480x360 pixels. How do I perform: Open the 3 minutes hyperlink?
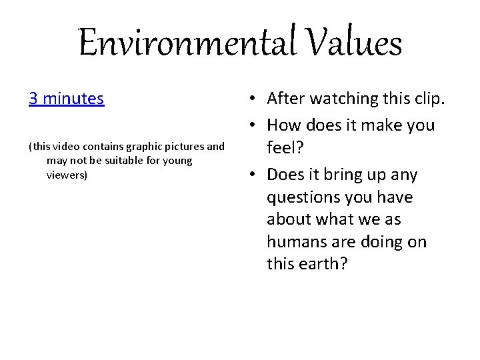pos(66,99)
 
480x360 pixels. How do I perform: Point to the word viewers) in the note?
pos(67,175)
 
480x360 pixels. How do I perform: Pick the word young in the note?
pos(177,161)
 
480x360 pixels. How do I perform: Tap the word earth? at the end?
pos(325,264)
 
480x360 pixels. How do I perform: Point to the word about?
pos(288,219)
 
